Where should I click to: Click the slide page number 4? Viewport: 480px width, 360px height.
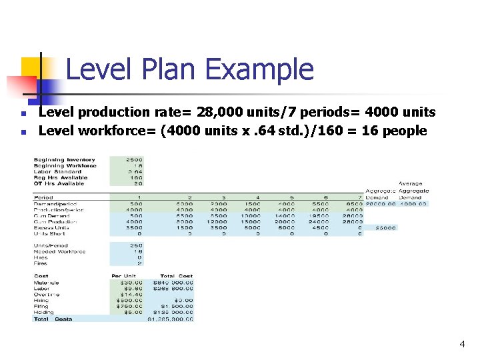coord(461,344)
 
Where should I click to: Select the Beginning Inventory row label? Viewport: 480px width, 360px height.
coord(64,160)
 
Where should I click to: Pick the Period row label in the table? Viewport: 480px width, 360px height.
coord(43,198)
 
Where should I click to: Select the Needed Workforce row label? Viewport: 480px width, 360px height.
coord(61,251)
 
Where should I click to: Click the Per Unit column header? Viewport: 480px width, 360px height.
coord(125,276)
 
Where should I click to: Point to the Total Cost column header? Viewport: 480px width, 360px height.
coord(176,276)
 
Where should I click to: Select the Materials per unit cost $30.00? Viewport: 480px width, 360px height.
coord(131,283)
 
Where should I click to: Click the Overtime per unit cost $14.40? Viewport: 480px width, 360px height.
coord(131,294)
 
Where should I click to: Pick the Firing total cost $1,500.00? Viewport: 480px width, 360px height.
coord(177,306)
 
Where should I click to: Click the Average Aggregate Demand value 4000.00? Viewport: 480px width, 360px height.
coord(414,204)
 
